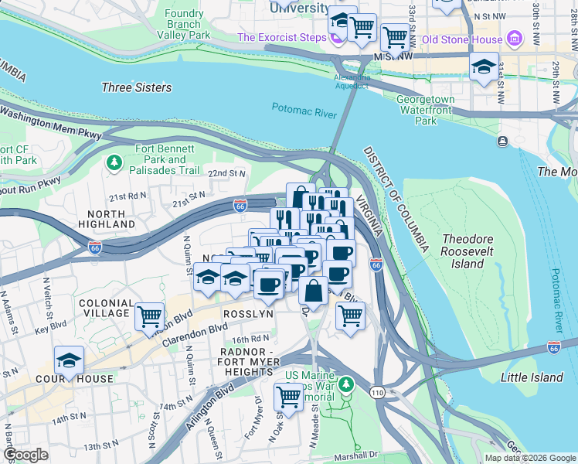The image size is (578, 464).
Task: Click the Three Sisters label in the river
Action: click(137, 87)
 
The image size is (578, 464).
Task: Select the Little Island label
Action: click(532, 377)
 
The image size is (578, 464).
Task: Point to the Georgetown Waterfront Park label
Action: click(425, 110)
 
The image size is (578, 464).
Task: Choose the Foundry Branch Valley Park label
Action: click(183, 24)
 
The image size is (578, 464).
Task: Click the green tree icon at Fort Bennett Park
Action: click(114, 162)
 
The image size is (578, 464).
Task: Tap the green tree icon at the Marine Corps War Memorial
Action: click(347, 384)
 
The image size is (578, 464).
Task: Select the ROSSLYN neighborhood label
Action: click(248, 314)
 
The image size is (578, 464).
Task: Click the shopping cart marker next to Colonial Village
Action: click(149, 316)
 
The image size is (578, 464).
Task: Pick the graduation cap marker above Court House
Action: click(69, 360)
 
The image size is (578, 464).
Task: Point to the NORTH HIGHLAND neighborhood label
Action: click(107, 219)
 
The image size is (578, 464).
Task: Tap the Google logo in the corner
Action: click(26, 455)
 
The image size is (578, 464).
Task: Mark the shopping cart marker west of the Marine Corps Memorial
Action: click(288, 397)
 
